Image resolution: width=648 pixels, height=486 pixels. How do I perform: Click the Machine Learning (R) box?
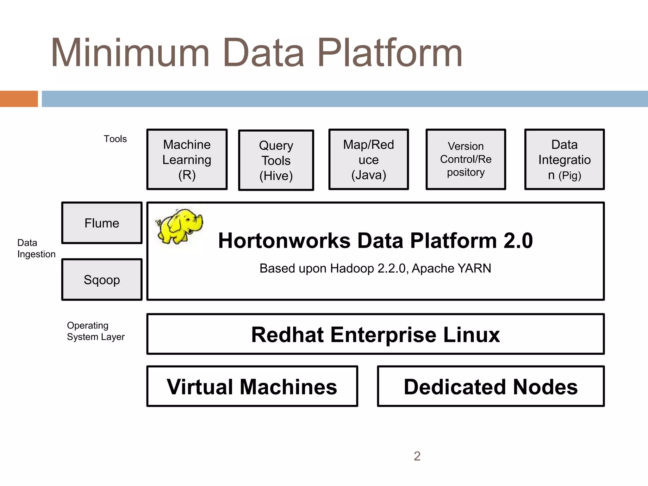click(187, 159)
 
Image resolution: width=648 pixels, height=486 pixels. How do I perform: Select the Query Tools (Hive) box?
click(276, 160)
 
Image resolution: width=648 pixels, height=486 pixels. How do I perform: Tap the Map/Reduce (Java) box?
click(369, 159)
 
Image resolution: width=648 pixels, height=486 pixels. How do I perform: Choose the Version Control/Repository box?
click(466, 159)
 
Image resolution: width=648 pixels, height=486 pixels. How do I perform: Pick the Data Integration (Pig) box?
click(564, 159)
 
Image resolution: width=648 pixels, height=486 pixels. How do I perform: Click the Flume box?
click(102, 223)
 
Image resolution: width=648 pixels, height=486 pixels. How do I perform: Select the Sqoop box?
click(102, 280)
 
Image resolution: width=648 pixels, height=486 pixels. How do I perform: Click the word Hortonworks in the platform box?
click(284, 241)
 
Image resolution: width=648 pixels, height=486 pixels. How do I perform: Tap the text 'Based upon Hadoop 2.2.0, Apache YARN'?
click(375, 268)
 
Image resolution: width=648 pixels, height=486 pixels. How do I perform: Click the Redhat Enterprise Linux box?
click(375, 334)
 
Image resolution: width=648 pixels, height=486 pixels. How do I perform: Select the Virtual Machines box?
click(252, 386)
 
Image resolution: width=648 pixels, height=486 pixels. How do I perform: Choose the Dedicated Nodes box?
click(491, 386)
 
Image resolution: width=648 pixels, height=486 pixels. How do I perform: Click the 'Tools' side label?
click(115, 139)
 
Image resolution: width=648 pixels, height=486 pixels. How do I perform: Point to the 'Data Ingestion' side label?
click(36, 248)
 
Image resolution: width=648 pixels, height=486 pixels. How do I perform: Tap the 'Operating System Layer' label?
click(96, 331)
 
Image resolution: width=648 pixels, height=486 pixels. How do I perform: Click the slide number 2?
click(417, 456)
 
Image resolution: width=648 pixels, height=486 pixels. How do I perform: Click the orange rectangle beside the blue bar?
click(19, 99)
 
